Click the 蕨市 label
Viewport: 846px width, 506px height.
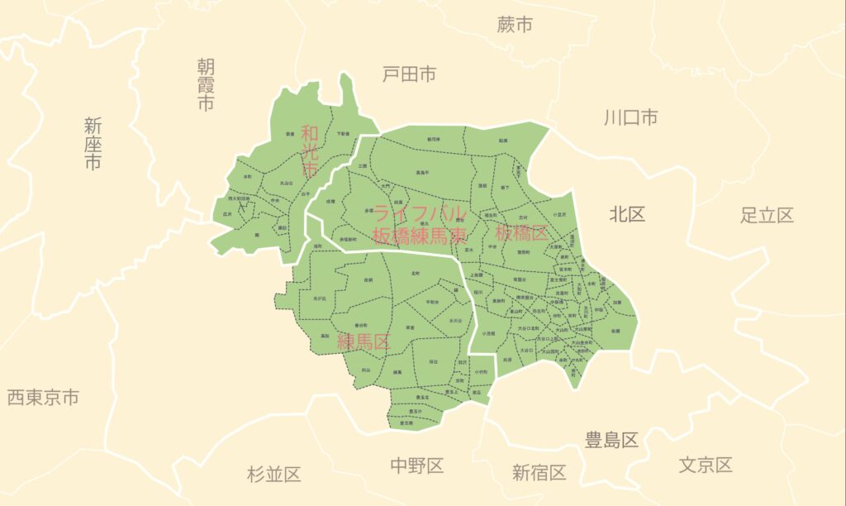[514, 26]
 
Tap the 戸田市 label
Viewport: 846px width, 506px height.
[409, 74]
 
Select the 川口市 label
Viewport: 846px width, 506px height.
[630, 117]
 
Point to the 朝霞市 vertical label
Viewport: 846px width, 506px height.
[206, 84]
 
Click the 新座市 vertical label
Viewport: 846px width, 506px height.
[93, 144]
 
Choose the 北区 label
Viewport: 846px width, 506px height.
[627, 215]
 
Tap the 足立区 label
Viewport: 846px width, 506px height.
[767, 216]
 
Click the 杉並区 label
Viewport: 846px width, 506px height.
[273, 475]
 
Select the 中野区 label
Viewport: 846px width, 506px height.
[417, 465]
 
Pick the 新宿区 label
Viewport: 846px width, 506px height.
[539, 473]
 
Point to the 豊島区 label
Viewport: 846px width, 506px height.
[611, 440]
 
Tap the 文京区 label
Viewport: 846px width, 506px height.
[706, 465]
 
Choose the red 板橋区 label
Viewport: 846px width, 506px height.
[522, 232]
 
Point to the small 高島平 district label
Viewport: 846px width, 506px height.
[422, 173]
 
